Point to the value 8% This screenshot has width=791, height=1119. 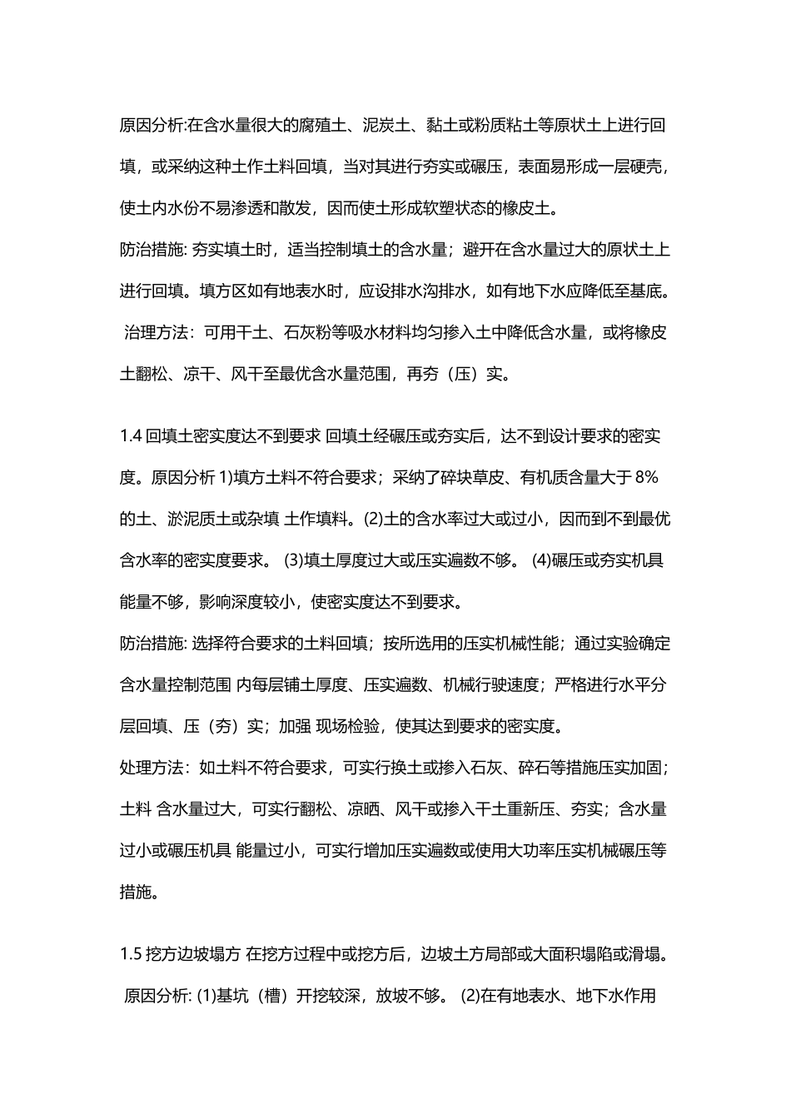[647, 477]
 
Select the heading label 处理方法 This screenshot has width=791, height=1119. [150, 768]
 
